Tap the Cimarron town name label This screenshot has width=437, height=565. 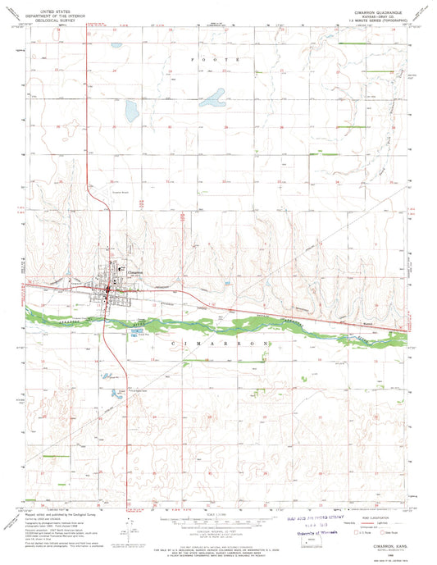134,271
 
